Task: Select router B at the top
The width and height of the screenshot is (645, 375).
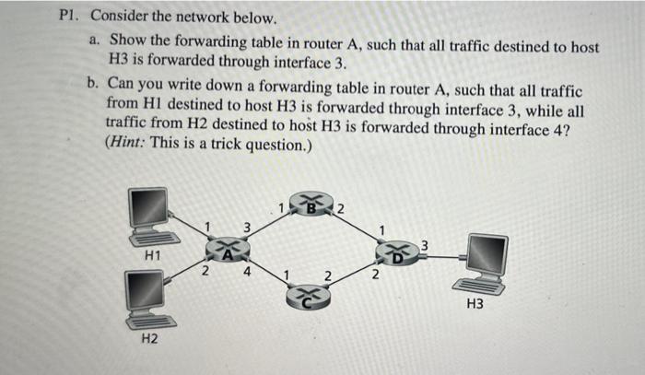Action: tap(312, 205)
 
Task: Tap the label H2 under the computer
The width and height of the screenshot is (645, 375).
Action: tap(148, 340)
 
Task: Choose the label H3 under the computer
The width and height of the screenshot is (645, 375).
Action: tap(475, 301)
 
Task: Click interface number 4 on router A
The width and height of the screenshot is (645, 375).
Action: tap(248, 271)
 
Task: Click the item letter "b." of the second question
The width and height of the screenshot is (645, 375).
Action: tap(93, 82)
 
